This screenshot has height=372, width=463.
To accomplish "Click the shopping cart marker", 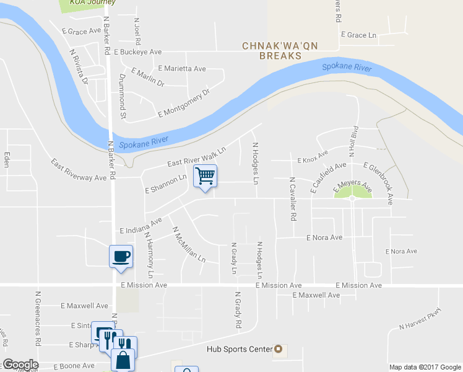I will (x=205, y=175).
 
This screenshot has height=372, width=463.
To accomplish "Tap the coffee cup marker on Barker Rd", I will (x=121, y=256).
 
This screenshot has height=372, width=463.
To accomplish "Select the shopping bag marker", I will (x=123, y=358).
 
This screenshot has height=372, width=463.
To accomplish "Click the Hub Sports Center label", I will (x=240, y=349).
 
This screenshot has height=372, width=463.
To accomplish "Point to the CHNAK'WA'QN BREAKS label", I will (x=272, y=51).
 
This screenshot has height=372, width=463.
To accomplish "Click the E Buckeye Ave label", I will (x=137, y=52).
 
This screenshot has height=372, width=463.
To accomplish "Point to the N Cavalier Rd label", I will (x=292, y=200).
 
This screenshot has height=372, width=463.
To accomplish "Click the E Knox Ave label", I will (x=313, y=157).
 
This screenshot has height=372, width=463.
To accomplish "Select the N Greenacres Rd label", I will (x=38, y=319).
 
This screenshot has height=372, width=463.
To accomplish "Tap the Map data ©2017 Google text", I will (x=425, y=367).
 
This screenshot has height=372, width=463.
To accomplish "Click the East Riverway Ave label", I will (x=79, y=169).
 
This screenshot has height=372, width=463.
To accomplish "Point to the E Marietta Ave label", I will (x=182, y=69).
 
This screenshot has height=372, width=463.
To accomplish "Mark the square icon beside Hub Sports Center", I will (x=278, y=349).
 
